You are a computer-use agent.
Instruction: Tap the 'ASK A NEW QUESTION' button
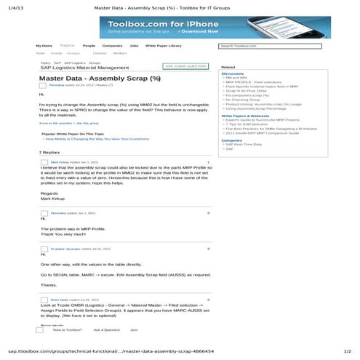coord(185,66)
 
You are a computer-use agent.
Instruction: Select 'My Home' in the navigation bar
coord(44,46)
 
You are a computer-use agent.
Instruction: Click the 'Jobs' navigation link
coord(134,46)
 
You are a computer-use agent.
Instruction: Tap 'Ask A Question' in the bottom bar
coord(106,329)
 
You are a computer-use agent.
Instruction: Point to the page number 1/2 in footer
coord(347,351)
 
